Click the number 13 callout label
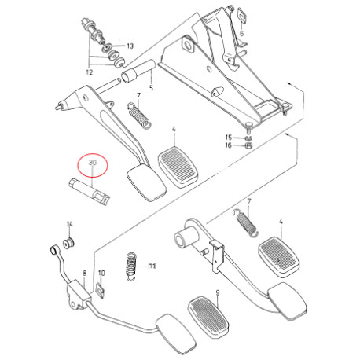point(130,46)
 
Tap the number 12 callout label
point(90,72)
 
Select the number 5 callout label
point(151,88)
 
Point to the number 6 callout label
point(241,33)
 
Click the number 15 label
point(229,138)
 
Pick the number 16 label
point(229,145)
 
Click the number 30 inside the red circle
point(93,163)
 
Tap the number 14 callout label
point(69,224)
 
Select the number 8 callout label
point(84,274)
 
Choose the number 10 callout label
point(101,274)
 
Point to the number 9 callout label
point(217,292)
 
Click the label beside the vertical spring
point(152,266)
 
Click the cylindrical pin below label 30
point(90,193)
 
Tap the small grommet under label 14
point(69,243)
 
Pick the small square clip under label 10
point(101,290)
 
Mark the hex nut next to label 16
point(248,145)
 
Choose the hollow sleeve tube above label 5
point(138,71)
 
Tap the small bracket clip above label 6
point(242,15)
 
